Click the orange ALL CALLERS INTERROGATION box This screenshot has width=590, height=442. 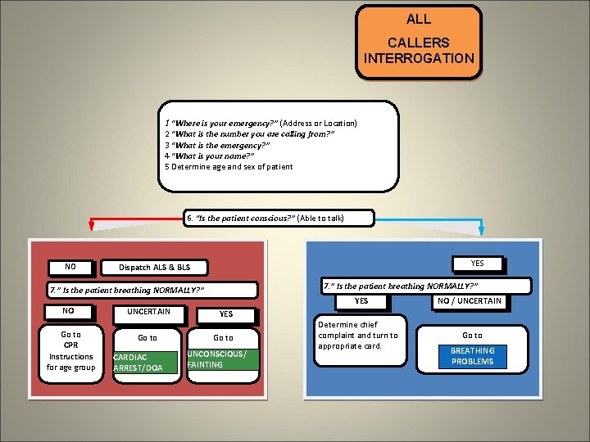[419, 43]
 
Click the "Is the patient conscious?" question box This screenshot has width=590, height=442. [279, 219]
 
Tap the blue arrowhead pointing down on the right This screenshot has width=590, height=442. [482, 229]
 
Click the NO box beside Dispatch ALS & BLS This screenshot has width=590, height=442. [70, 267]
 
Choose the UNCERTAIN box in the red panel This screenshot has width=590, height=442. [148, 311]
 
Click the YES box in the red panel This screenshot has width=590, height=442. [226, 313]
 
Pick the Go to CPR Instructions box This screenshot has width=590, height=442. [71, 351]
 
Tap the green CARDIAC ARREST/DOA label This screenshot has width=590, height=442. [145, 363]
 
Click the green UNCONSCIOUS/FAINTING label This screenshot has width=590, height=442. [221, 359]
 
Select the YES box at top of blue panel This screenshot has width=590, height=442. [478, 264]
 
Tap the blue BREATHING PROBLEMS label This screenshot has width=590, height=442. [472, 356]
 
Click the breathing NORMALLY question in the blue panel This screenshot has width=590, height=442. [425, 286]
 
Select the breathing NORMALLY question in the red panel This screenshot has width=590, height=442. [152, 291]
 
